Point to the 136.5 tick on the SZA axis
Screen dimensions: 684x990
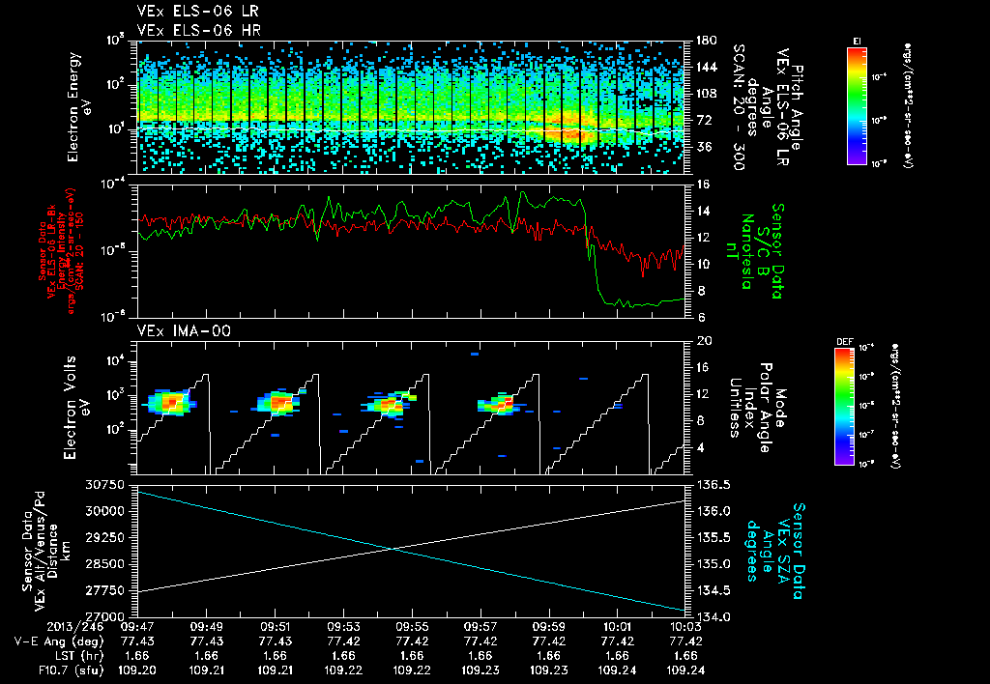click(710, 484)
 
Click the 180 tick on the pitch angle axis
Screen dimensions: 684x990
click(705, 41)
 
